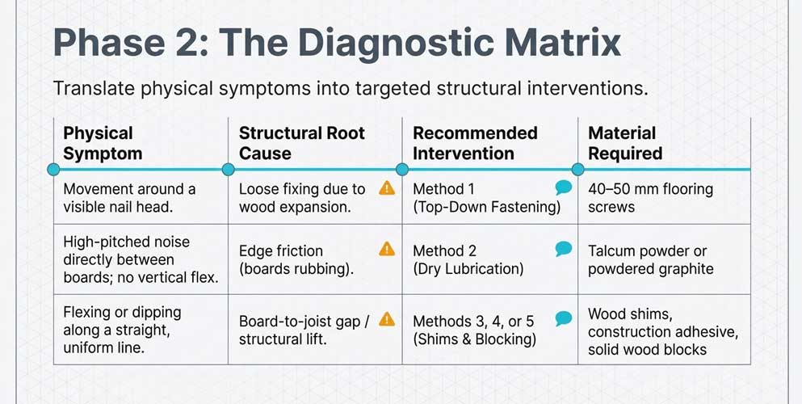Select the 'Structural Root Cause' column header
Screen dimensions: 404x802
(x=301, y=143)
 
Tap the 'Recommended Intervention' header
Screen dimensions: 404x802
(x=475, y=143)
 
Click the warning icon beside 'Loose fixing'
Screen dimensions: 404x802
(x=388, y=188)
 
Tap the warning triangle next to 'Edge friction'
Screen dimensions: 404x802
(x=388, y=250)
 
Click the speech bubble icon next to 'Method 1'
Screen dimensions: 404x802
(x=564, y=188)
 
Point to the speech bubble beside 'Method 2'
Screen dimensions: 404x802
(x=564, y=250)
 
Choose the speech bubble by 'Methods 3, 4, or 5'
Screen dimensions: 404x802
(x=564, y=318)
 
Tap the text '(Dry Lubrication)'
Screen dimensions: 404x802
(x=468, y=269)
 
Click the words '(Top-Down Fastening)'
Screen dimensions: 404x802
(x=486, y=208)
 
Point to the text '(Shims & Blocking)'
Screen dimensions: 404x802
(x=474, y=339)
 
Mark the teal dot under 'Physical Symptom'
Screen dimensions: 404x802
(x=53, y=169)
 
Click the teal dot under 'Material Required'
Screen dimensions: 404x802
(x=578, y=169)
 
